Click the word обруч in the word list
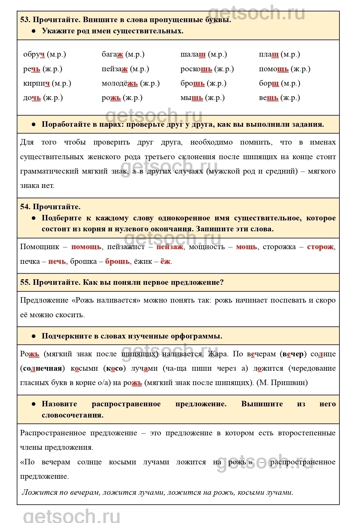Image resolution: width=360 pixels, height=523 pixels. click(34, 54)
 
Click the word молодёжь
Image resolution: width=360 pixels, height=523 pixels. click(120, 83)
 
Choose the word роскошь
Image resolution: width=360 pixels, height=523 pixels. click(196, 69)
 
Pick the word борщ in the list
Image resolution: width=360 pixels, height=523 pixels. click(269, 83)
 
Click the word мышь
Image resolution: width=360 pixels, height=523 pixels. click(192, 98)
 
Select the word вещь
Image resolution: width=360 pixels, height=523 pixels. click(269, 98)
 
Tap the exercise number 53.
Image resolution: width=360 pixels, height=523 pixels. click(25, 20)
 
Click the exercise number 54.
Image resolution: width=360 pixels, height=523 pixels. click(25, 207)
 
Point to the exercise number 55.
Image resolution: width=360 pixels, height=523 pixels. click(25, 282)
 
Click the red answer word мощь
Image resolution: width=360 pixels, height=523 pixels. click(246, 247)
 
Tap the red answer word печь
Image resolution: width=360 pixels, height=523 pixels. click(57, 261)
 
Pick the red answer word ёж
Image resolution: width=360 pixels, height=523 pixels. click(165, 261)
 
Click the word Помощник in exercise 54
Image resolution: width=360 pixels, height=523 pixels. click(40, 247)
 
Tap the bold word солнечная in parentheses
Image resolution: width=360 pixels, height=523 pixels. click(42, 368)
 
